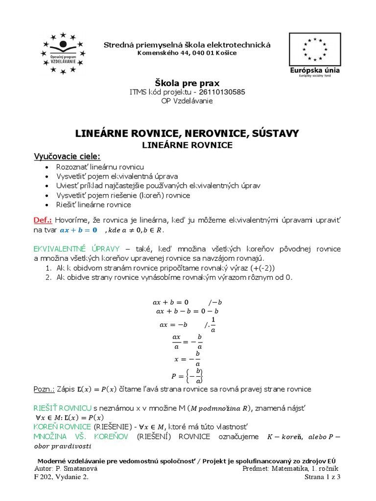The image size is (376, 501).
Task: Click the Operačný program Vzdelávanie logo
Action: coord(63,53)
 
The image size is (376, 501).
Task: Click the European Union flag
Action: coord(315,49)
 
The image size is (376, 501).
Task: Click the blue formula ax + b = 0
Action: coord(78,230)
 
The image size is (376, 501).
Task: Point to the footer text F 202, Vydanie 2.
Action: coord(62,478)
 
